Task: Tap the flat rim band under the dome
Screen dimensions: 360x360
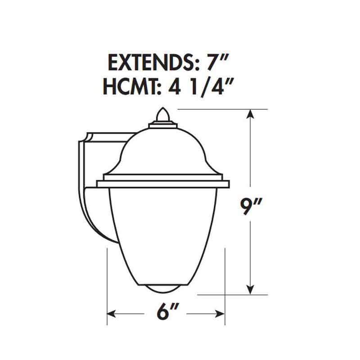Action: tap(163, 184)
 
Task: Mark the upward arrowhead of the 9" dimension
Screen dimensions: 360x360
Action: tap(251, 114)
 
